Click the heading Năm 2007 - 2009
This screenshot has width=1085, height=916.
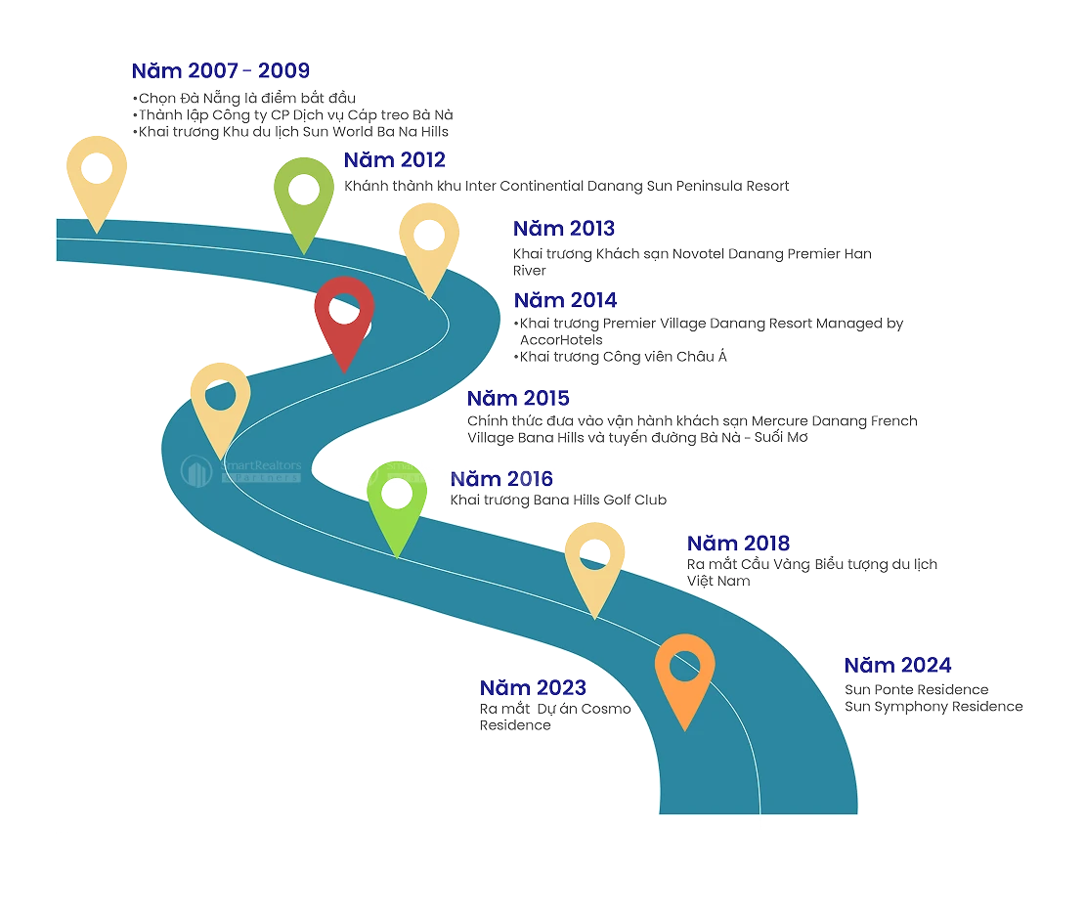pyautogui.click(x=221, y=71)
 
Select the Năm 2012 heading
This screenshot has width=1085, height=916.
pyautogui.click(x=394, y=160)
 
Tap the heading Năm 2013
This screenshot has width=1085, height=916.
pyautogui.click(x=564, y=229)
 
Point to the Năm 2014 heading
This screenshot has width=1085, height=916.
pyautogui.click(x=566, y=300)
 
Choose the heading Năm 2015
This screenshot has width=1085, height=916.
pyautogui.click(x=518, y=399)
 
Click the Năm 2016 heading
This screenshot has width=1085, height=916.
pyautogui.click(x=501, y=479)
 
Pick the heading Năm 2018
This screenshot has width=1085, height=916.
pyautogui.click(x=738, y=544)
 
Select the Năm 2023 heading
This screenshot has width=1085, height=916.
pyautogui.click(x=532, y=688)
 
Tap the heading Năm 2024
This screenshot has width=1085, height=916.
pyautogui.click(x=897, y=666)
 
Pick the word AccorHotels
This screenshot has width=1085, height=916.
pyautogui.click(x=561, y=339)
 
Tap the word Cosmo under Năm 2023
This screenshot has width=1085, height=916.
pyautogui.click(x=606, y=709)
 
